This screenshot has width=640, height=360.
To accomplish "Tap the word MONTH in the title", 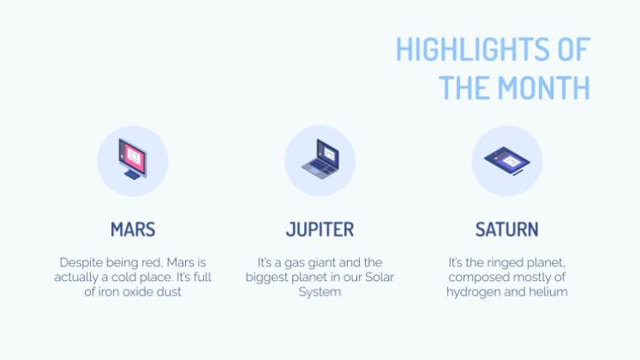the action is pyautogui.click(x=544, y=87).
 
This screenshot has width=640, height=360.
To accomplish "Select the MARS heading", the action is pyautogui.click(x=133, y=230).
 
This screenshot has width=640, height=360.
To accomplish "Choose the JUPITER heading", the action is pyautogui.click(x=320, y=230).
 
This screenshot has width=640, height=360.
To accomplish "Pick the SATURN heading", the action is pyautogui.click(x=506, y=230).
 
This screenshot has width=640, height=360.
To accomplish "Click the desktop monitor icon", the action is pyautogui.click(x=133, y=159).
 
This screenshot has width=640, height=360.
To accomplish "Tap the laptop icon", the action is pyautogui.click(x=320, y=159).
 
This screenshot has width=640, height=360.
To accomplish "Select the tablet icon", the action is pyautogui.click(x=507, y=161).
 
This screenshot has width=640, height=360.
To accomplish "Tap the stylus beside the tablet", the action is pyautogui.click(x=517, y=172).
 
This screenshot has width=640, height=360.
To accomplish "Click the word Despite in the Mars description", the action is pyautogui.click(x=81, y=262).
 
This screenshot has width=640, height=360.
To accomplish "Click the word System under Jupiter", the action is pyautogui.click(x=320, y=292).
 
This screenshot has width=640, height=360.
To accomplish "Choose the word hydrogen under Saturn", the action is pyautogui.click(x=470, y=292).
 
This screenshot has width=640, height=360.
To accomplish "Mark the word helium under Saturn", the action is pyautogui.click(x=548, y=291).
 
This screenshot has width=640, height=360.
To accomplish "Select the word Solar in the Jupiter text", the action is pyautogui.click(x=380, y=277).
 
